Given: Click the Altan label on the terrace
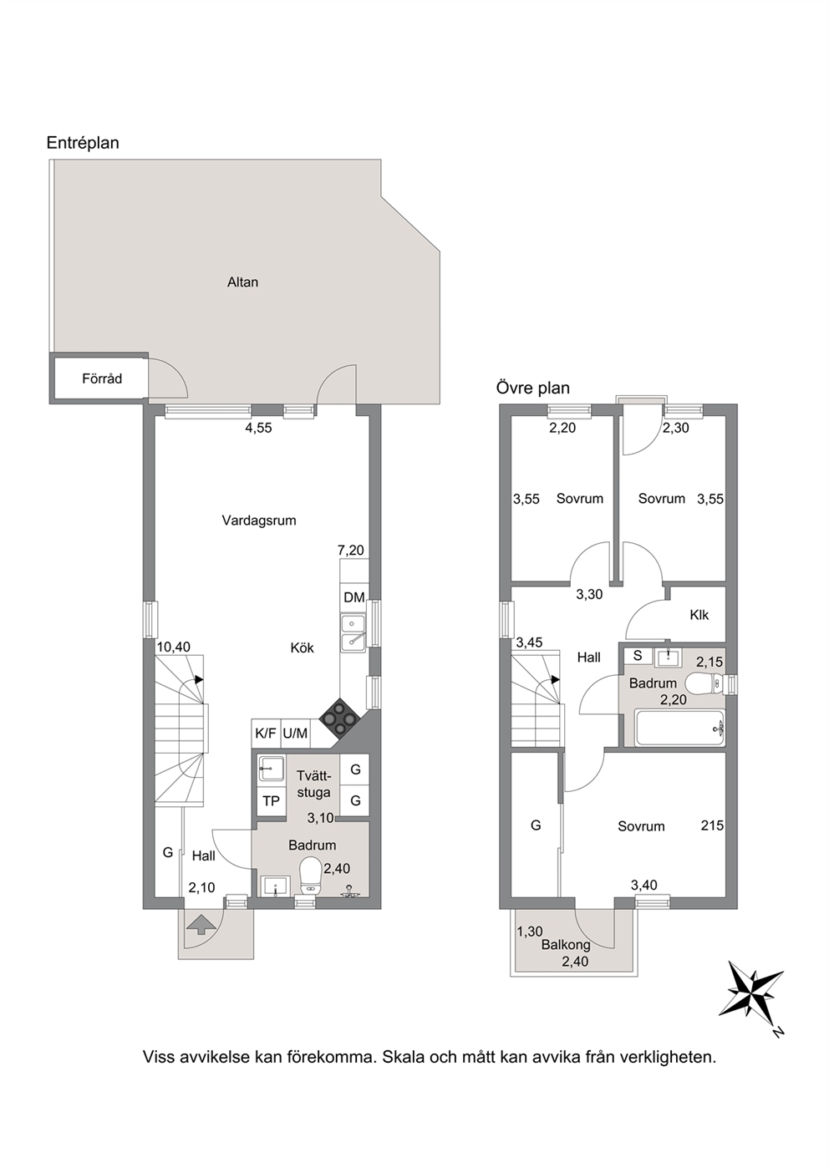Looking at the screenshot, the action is [242, 282].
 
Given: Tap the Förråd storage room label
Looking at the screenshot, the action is [102, 378].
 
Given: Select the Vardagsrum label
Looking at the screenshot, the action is [259, 520].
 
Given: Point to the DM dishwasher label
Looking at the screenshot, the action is [354, 597].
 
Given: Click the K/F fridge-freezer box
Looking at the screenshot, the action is [266, 734].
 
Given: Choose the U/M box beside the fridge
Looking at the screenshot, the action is [295, 734].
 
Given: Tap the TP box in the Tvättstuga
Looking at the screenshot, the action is [272, 800].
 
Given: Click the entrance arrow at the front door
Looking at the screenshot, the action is [201, 927].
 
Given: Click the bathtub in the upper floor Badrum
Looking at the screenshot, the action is [679, 728].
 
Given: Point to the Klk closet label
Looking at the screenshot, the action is [699, 615].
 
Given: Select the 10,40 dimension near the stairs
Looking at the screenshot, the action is [173, 647].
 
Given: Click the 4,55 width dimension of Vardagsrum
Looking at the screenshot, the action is [259, 428].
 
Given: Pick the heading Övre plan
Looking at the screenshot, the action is [532, 388].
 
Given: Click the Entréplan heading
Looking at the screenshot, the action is [83, 143].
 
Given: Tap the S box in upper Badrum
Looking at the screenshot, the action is [638, 656].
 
